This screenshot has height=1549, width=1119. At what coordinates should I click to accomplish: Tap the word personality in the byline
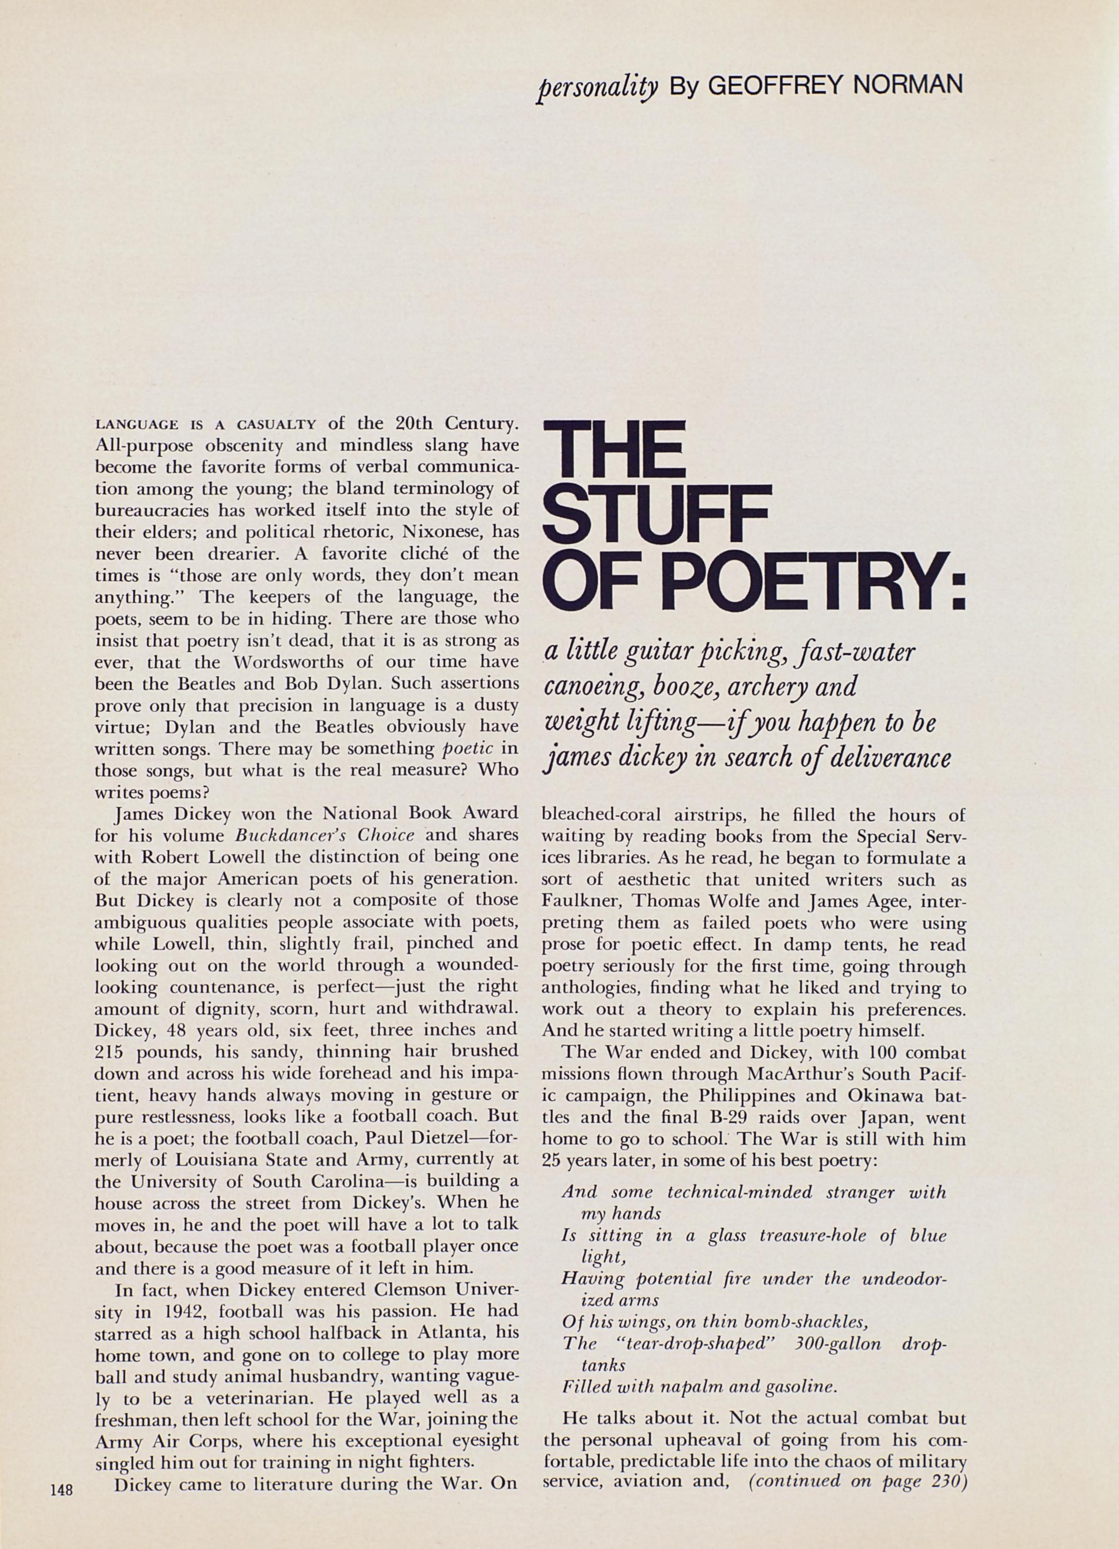(x=597, y=87)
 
